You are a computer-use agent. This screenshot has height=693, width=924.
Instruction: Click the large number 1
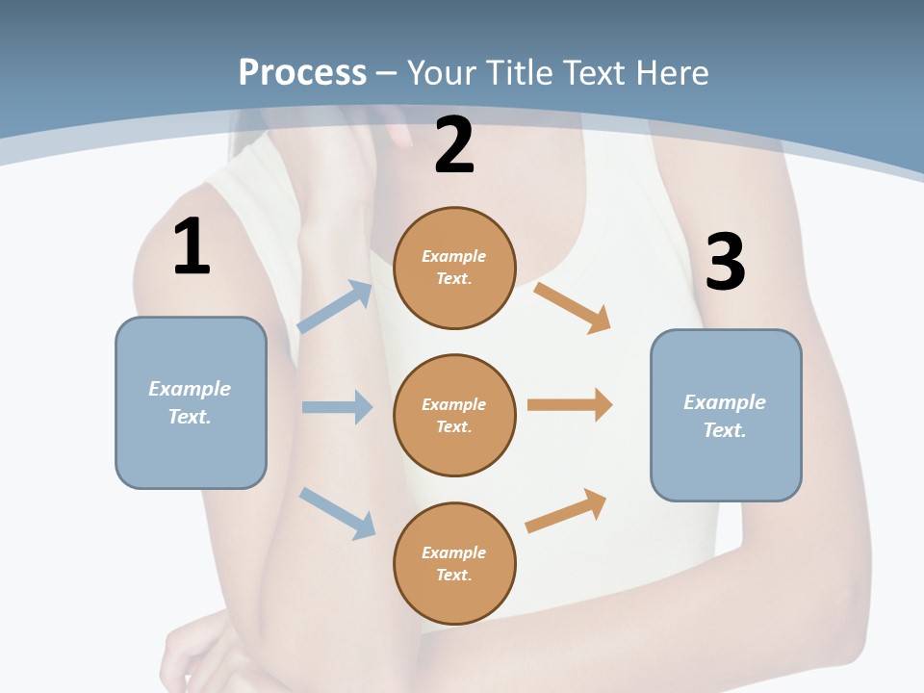192,247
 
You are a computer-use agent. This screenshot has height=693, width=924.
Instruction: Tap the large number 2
454,145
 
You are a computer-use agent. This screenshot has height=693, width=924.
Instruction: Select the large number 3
725,262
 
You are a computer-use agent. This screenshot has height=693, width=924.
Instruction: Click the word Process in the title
302,72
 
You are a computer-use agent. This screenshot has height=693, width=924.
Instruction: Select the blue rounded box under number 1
191,402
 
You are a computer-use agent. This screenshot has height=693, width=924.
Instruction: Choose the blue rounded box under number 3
726,415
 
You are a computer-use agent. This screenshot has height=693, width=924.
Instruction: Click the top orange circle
454,268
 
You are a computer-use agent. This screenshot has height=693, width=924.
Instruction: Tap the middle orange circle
454,415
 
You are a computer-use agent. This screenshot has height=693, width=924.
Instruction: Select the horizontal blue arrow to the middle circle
337,407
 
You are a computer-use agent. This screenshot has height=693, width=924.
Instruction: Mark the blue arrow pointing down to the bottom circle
337,513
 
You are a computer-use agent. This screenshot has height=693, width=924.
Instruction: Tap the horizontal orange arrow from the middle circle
570,405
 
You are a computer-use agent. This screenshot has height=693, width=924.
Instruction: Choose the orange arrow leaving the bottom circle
566,510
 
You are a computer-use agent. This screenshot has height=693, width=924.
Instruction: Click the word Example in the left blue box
190,389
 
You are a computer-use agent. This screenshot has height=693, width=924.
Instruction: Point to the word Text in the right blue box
724,430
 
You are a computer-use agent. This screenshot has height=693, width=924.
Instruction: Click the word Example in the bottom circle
454,552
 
